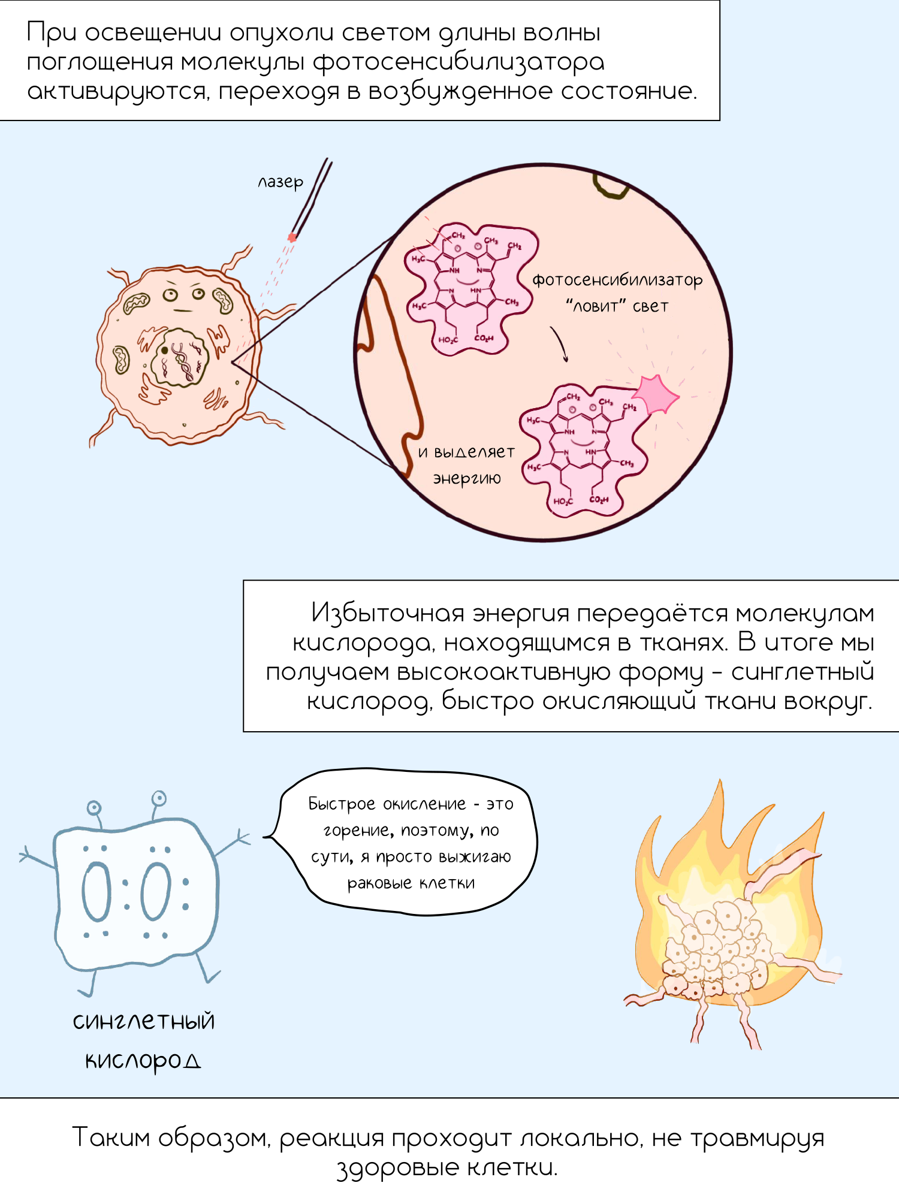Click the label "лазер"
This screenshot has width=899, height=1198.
[x=280, y=182]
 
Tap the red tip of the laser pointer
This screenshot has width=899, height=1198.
[x=292, y=237]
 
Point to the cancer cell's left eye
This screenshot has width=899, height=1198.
[x=170, y=295]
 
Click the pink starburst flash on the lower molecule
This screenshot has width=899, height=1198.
[x=656, y=394]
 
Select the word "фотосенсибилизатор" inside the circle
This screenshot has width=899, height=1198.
[x=617, y=280]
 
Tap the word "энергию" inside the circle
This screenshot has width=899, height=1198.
[x=467, y=478]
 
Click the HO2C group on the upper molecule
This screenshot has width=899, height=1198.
[x=448, y=340]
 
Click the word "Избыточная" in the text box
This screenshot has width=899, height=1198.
[x=388, y=613]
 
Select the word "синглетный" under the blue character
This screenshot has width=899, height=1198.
[x=144, y=1021]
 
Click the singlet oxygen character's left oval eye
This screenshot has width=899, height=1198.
[x=96, y=891]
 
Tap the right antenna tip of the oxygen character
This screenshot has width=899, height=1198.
[x=159, y=798]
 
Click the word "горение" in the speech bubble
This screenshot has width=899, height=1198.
[x=357, y=831]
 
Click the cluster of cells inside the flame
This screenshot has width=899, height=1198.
[x=716, y=947]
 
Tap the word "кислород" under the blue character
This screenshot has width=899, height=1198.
[x=143, y=1061]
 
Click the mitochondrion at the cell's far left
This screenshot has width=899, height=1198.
[x=122, y=360]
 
